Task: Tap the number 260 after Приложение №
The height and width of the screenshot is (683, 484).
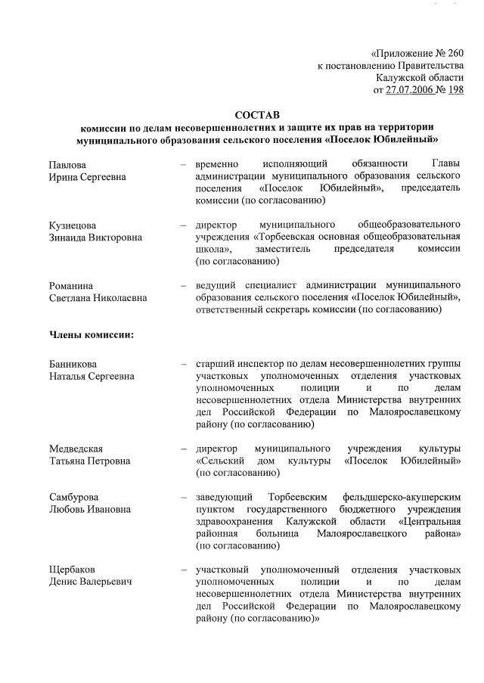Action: tap(451, 54)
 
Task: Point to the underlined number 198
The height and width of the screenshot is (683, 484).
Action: tap(456, 90)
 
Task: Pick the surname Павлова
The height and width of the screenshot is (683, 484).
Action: tap(68, 164)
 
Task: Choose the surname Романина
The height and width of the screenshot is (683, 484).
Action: tap(71, 286)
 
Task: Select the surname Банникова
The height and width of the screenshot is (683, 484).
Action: tap(74, 364)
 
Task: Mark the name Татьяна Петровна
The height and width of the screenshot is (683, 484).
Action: tap(89, 461)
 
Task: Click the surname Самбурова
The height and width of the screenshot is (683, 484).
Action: tap(75, 497)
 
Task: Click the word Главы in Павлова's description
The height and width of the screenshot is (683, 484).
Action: tap(446, 164)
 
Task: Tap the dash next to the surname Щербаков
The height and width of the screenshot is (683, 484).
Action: tap(184, 570)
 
